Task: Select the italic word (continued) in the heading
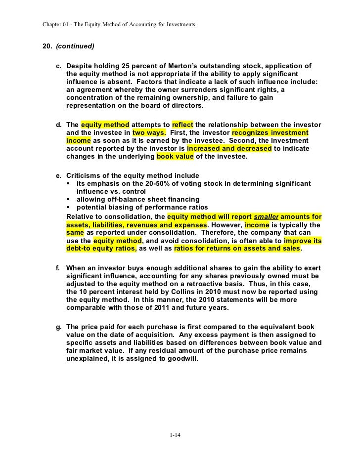click(75, 46)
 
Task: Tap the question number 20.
click(48, 46)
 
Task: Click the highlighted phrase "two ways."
click(149, 132)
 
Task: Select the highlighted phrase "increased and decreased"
click(229, 148)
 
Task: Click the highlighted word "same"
click(75, 232)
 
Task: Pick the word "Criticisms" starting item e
click(85, 175)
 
